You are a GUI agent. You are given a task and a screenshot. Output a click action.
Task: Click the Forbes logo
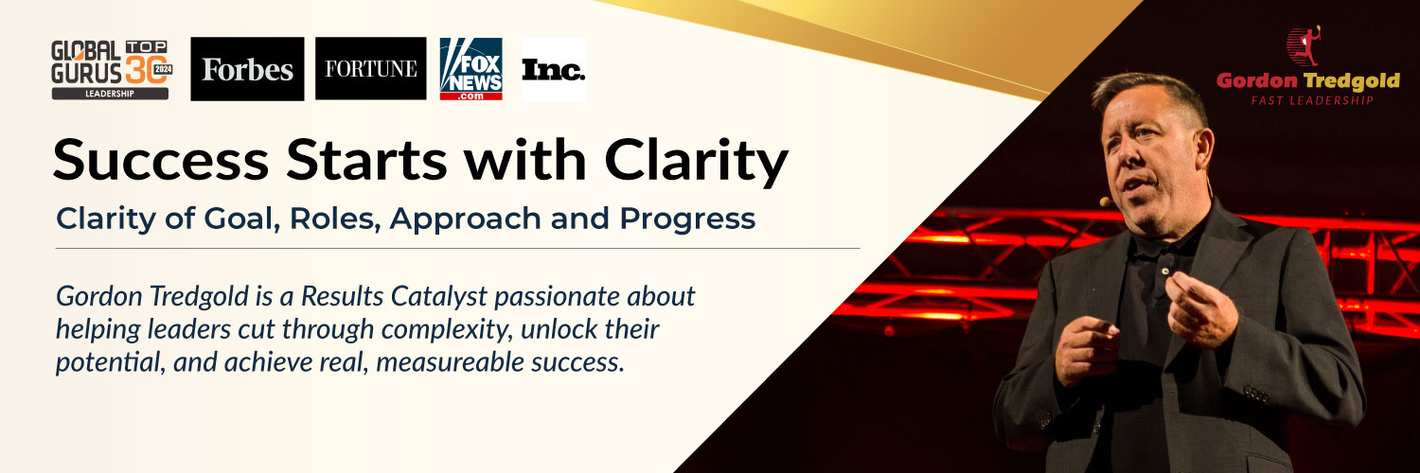click(247, 69)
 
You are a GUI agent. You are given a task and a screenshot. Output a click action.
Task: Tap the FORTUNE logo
click(371, 68)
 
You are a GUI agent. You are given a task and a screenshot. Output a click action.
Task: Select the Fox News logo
click(471, 69)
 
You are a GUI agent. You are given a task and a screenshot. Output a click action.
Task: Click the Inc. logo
click(553, 70)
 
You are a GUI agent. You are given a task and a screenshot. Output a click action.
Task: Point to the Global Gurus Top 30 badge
click(112, 70)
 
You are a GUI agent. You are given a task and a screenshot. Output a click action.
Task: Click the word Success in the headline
click(161, 160)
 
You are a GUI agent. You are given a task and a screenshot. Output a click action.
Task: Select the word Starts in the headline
click(366, 160)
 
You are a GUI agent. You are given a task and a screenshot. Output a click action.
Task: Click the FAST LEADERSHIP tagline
click(1312, 100)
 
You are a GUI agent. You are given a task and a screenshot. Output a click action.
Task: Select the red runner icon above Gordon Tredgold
click(1304, 46)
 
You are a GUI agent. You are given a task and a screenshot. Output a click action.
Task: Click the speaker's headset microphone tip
click(1106, 202)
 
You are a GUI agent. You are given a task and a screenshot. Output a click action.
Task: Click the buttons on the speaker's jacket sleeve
click(1256, 394)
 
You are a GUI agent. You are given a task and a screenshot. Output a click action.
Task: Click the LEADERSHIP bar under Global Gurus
click(111, 94)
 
